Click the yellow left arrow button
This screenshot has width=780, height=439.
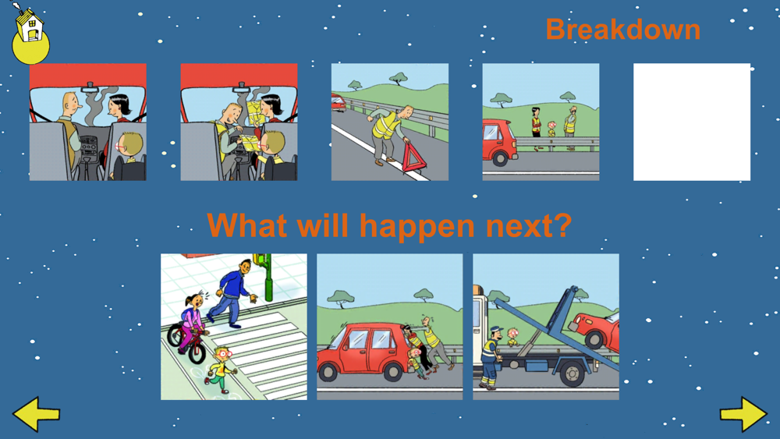click(x=36, y=413)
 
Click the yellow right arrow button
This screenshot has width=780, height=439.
click(x=743, y=413)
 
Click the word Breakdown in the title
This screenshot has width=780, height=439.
click(x=622, y=30)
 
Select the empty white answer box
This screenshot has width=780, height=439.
click(x=691, y=122)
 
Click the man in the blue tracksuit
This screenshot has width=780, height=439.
click(x=232, y=293)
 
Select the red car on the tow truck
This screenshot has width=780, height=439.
click(x=595, y=329)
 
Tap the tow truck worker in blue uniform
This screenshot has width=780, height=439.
click(x=491, y=356)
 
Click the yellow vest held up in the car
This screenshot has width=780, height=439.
click(x=253, y=112)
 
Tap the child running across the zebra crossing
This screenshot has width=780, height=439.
click(x=221, y=370)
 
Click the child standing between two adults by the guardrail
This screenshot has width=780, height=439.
click(x=551, y=129)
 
